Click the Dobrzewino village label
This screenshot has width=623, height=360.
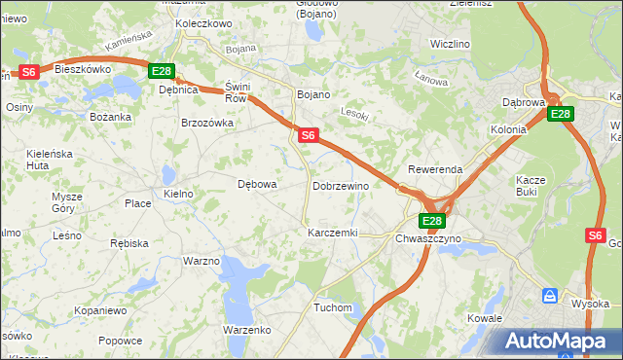point(340,185)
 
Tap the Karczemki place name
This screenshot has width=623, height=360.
point(333,234)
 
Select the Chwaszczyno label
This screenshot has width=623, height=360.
point(426,237)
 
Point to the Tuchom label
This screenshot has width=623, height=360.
point(332,307)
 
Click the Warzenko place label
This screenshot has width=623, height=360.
point(246,330)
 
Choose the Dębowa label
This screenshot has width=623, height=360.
point(258,183)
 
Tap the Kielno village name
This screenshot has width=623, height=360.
point(178,194)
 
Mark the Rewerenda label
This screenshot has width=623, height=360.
point(435,169)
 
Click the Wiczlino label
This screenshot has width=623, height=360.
point(450,44)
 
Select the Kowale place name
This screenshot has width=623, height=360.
point(484,318)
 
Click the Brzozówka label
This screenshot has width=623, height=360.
point(207,123)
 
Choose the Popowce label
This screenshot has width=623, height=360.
point(120,341)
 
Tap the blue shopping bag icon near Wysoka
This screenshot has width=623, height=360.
point(549,295)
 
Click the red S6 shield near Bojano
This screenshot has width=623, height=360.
point(308,135)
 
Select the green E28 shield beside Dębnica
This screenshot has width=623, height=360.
point(162,71)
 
